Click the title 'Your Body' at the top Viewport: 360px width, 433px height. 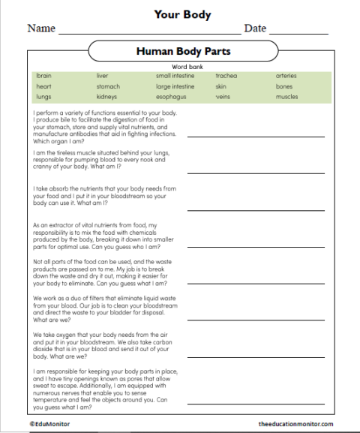[x=182, y=14]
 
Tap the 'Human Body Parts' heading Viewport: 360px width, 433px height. [x=183, y=52]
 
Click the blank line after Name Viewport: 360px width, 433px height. [x=149, y=33]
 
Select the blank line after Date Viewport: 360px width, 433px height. [x=298, y=33]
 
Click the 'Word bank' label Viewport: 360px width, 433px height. [x=182, y=67]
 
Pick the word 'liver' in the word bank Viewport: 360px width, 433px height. [x=102, y=76]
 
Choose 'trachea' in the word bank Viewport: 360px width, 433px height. [x=226, y=76]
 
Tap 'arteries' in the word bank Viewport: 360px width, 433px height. [x=286, y=76]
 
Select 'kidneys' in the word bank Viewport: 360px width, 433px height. [x=106, y=97]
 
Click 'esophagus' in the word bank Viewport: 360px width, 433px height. [x=171, y=97]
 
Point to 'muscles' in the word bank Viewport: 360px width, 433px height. [x=286, y=97]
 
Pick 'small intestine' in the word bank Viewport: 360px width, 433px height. [x=175, y=76]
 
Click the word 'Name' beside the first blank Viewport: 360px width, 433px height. [x=41, y=29]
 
